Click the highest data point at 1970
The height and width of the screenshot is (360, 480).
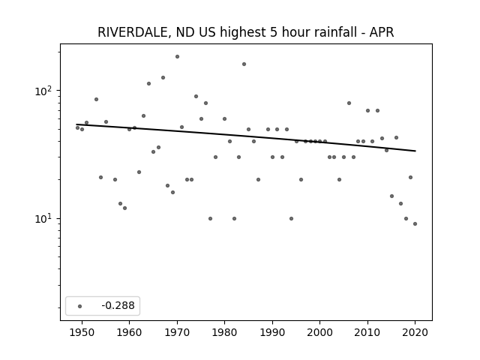coord(177,57)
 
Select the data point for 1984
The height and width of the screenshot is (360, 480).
coord(244,64)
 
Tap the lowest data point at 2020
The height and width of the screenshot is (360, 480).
coord(415,223)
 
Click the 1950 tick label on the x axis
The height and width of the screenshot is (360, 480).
coord(82,332)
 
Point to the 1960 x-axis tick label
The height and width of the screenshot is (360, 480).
coord(129,332)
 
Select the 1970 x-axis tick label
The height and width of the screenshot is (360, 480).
coord(177,332)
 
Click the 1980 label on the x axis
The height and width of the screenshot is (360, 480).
coord(224,332)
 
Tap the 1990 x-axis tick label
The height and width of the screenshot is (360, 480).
coord(272,332)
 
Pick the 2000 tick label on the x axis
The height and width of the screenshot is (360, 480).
coord(319,332)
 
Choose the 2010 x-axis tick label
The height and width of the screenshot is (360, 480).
coord(367,332)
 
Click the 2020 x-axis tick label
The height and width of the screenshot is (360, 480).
coord(415,332)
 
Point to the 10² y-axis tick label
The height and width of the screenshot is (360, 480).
coord(45,91)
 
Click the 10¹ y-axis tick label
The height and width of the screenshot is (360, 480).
coord(45,218)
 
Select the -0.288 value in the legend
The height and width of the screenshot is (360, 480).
coord(118,305)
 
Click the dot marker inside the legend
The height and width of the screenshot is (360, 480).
coord(80,306)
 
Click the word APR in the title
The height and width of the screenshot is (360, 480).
coord(382,32)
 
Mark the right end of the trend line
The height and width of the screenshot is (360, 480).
coord(415,151)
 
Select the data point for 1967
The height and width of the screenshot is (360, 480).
coord(163,78)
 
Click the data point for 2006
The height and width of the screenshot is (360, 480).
coord(349,103)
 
